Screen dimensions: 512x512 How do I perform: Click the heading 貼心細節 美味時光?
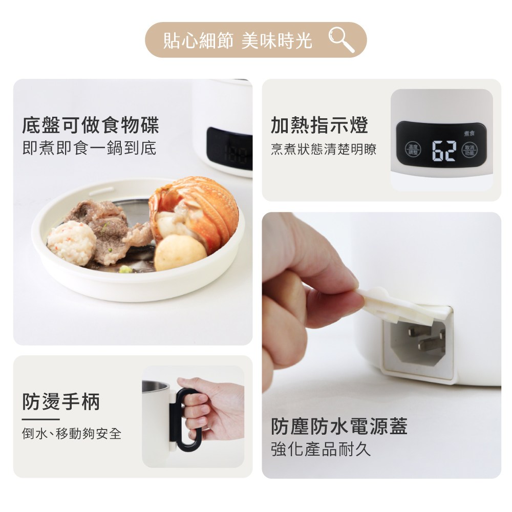coord(238,40)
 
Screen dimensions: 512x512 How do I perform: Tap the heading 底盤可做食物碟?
coord(91,125)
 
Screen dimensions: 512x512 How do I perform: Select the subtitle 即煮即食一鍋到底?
coord(89,148)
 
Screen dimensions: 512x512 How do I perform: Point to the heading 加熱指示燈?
coord(319,125)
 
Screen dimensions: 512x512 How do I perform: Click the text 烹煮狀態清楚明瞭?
coord(324,149)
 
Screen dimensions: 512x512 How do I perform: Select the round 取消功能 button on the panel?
coord(469,150)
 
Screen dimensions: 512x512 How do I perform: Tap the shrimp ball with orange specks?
coord(72,243)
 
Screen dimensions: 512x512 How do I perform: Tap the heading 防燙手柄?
coord(61,402)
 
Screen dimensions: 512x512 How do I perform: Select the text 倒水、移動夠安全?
coord(72,434)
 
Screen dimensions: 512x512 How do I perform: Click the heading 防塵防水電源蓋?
coord(339,426)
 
